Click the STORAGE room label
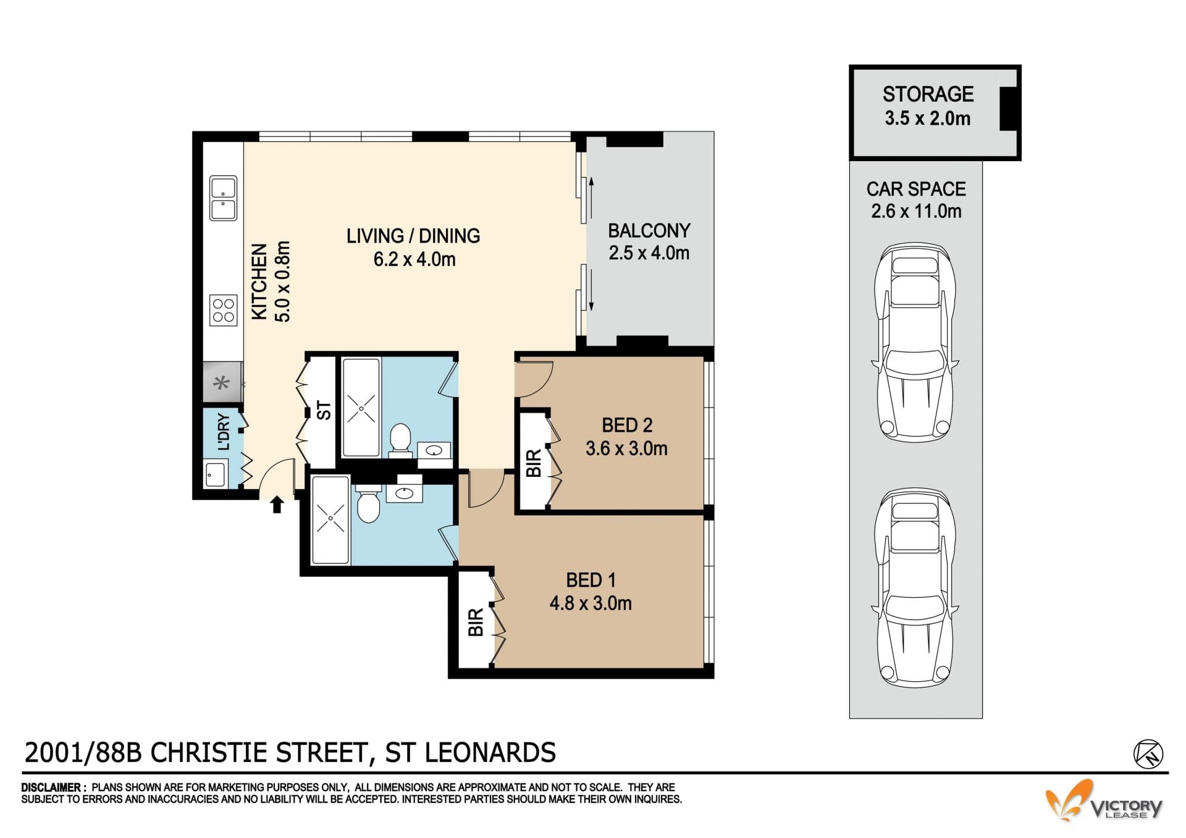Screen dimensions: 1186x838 coord(928,94)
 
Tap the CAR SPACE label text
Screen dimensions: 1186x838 coord(916,188)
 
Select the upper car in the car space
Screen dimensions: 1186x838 coord(915,342)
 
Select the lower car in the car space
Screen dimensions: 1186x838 coord(915,588)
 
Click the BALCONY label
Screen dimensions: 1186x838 coord(649,230)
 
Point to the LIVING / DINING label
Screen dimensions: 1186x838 coord(413,235)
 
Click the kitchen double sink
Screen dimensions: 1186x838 coord(223,198)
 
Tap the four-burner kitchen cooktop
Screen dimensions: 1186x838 coord(224,311)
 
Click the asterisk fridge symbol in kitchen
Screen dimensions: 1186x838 coord(221,383)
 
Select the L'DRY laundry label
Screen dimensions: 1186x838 coord(224,432)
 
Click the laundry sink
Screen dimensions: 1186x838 coord(216,475)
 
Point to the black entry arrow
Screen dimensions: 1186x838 coord(277,505)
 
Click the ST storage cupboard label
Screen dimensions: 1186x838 coord(324,410)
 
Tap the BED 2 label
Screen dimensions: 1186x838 coord(627,425)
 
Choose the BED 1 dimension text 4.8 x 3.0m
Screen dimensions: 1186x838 coord(591,603)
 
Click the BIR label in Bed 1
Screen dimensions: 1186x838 coord(476,622)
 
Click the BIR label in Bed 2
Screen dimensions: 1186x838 coord(534,463)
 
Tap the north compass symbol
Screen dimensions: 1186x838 coord(1148,754)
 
